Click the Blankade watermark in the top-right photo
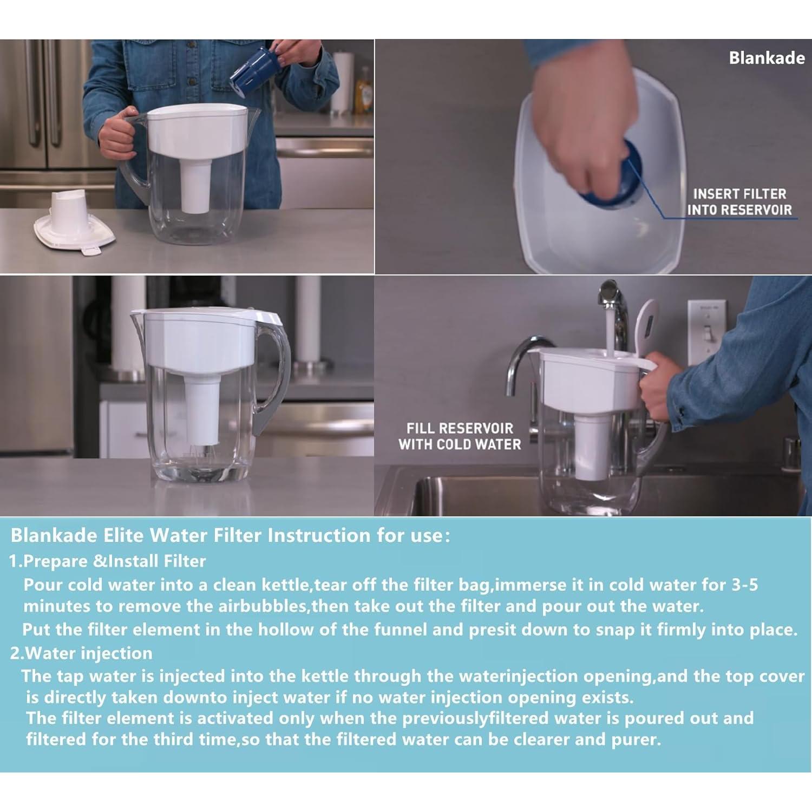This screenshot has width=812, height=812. click(766, 58)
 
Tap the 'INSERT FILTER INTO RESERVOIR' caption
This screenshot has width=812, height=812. click(739, 202)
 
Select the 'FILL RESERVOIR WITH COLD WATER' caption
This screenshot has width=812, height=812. click(460, 436)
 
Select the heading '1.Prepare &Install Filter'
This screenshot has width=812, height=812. click(108, 561)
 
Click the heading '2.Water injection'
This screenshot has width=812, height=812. click(81, 653)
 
